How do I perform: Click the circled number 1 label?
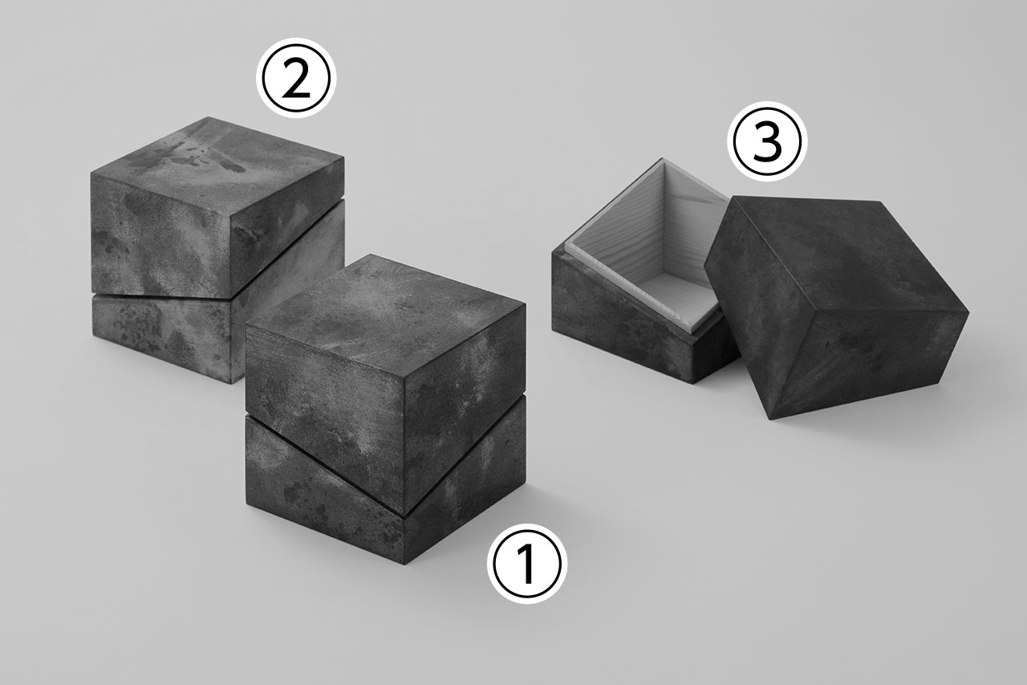(527, 564)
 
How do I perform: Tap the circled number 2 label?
(296, 78)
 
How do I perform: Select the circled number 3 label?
(768, 141)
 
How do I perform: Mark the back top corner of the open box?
(662, 159)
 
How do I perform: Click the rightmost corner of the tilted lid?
(969, 313)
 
